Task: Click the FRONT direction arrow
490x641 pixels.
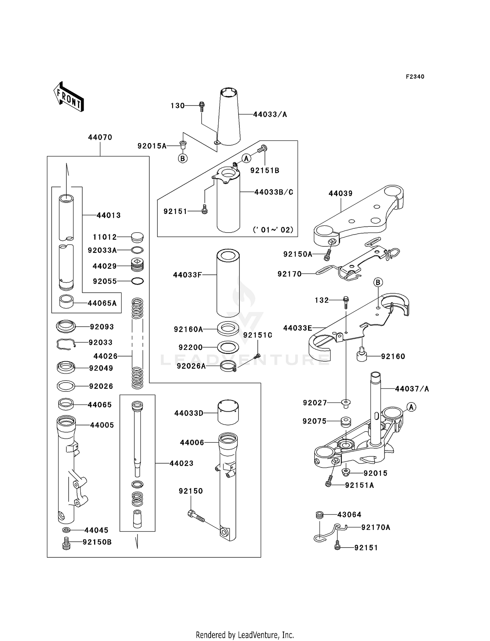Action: pyautogui.click(x=69, y=97)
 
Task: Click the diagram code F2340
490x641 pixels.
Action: pyautogui.click(x=415, y=77)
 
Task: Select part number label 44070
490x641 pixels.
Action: pyautogui.click(x=100, y=138)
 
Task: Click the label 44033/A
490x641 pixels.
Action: pyautogui.click(x=270, y=114)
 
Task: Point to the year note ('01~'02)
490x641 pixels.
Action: pyautogui.click(x=273, y=230)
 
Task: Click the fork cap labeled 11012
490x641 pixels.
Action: pyautogui.click(x=137, y=237)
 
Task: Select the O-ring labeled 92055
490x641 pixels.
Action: pyautogui.click(x=138, y=281)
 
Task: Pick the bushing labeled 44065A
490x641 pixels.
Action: pyautogui.click(x=66, y=302)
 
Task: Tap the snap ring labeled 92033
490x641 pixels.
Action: pyautogui.click(x=66, y=344)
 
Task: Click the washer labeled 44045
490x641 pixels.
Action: pyautogui.click(x=66, y=530)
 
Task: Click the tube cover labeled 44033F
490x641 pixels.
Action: pyautogui.click(x=228, y=283)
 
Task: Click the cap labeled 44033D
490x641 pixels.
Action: pyautogui.click(x=228, y=413)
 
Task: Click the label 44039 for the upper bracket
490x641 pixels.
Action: pyautogui.click(x=340, y=193)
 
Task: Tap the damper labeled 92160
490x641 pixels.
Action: pyautogui.click(x=362, y=354)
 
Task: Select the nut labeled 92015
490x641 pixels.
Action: pyautogui.click(x=346, y=472)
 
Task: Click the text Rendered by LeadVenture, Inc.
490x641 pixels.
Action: pyautogui.click(x=245, y=635)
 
